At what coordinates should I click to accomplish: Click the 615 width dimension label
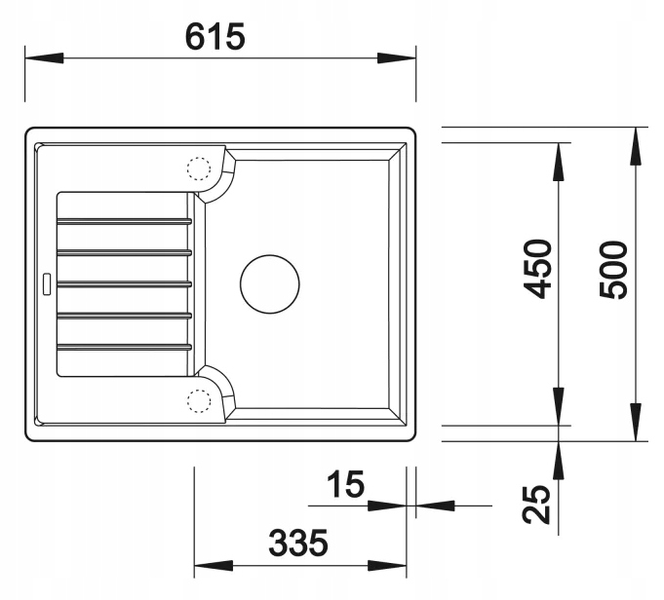215,37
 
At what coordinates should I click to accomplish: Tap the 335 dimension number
298,543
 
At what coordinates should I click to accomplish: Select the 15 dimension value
345,484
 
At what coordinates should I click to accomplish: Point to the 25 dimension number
536,504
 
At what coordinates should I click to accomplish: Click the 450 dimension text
538,269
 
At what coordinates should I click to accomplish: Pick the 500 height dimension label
613,270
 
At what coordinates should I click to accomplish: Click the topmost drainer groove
124,221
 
